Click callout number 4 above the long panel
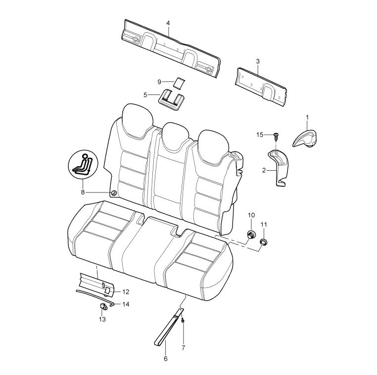pos(168,23)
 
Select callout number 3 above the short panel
pos(258,61)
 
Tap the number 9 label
pos(159,82)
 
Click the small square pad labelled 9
pos(179,83)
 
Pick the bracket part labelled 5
pos(172,100)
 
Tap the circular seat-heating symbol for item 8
pos(83,164)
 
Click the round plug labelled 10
pos(251,234)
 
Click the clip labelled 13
pos(103,307)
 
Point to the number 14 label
pos(126,304)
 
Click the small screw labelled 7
pos(183,320)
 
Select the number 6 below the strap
pos(165,359)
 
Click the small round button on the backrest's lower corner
pos(114,193)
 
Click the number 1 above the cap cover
pos(307,117)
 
